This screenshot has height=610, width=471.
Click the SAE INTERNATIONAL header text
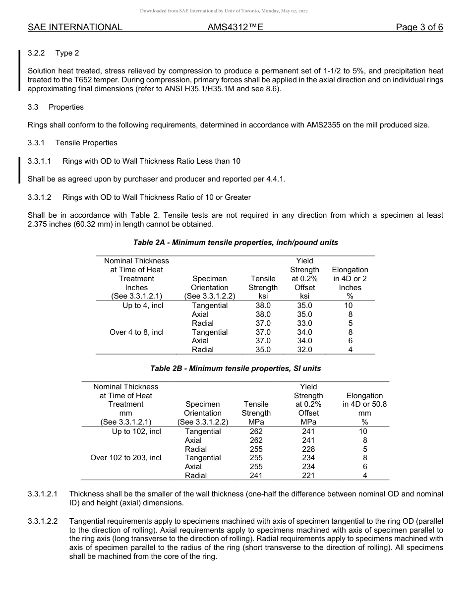click(x=75, y=27)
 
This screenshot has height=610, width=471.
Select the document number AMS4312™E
click(x=235, y=27)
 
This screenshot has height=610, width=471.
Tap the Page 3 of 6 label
click(x=419, y=27)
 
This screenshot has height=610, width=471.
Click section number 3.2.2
click(x=37, y=53)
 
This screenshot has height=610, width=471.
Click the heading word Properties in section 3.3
click(x=66, y=107)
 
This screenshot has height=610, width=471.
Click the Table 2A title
click(x=235, y=243)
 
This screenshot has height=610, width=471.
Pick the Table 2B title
click(x=235, y=368)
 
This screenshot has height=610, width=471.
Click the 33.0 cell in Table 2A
click(x=304, y=323)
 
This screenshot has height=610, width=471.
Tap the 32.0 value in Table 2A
click(x=304, y=350)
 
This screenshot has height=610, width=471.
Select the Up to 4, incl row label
click(x=143, y=305)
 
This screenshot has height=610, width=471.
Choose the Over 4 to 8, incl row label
click(x=136, y=332)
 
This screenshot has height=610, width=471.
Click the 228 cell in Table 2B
click(x=308, y=449)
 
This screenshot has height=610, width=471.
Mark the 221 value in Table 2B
click(x=308, y=476)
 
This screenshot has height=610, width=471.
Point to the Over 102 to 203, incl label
click(x=125, y=458)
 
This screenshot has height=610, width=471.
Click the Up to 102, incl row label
click(x=136, y=431)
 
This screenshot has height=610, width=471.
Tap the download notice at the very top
click(x=224, y=10)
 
